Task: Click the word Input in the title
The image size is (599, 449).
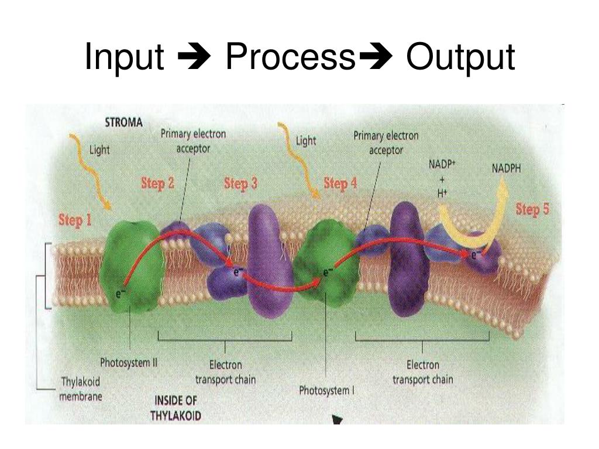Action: [x=124, y=57]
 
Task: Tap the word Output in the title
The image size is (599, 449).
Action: [x=461, y=57]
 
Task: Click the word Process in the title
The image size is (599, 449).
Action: [x=290, y=57]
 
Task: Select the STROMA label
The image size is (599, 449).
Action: [x=123, y=123]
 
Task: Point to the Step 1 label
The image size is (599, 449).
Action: [x=75, y=220]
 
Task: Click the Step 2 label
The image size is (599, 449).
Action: [x=157, y=184]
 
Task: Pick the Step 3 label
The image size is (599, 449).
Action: [x=240, y=184]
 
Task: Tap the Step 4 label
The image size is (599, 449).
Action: [x=340, y=184]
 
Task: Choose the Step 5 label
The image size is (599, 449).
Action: [x=532, y=209]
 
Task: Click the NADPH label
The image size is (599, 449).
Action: [x=506, y=169]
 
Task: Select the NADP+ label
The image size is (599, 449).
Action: [x=442, y=165]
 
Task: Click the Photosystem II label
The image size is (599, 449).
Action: [x=129, y=362]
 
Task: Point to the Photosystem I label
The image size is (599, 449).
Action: [x=326, y=390]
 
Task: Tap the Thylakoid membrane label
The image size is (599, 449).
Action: [x=81, y=389]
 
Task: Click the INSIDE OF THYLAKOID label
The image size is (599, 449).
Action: [x=176, y=408]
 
